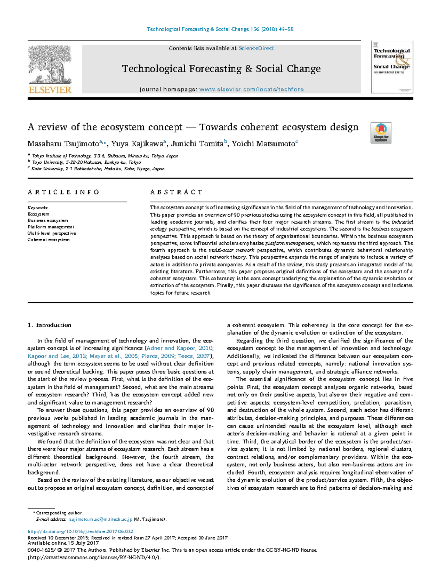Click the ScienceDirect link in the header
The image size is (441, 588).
[256, 48]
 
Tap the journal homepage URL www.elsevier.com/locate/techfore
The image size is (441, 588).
[251, 89]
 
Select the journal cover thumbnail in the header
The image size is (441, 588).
[392, 67]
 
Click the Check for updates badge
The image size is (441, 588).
[381, 133]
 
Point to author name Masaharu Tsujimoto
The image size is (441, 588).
[63, 144]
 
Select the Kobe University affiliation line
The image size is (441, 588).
[98, 169]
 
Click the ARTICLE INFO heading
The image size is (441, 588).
[63, 192]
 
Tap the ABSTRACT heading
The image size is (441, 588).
[176, 192]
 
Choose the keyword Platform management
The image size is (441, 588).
[51, 227]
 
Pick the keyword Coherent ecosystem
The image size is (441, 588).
[49, 240]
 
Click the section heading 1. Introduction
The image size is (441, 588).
[49, 325]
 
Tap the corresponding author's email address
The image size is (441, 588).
[100, 519]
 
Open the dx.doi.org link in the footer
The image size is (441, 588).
[80, 531]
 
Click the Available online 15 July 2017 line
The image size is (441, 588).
[63, 543]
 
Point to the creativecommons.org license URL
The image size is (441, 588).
[94, 557]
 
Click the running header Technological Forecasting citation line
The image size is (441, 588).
[220, 29]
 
